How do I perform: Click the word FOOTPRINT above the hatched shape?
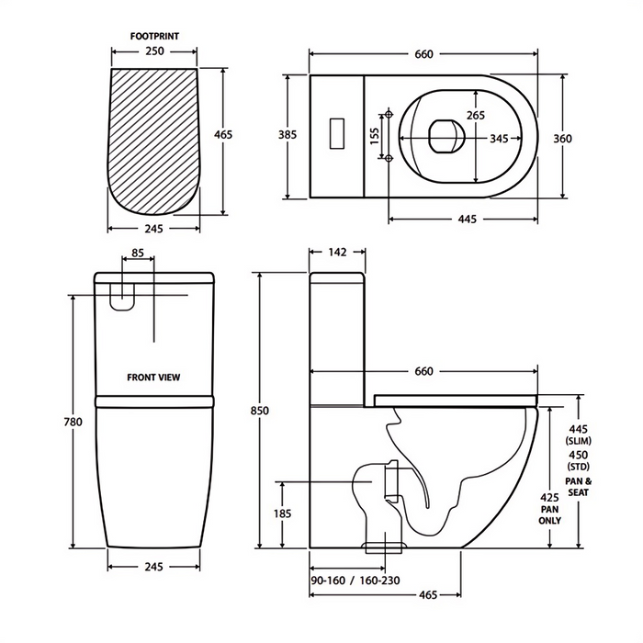[x=154, y=37]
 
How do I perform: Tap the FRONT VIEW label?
[x=154, y=377]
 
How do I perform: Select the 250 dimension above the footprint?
[x=154, y=52]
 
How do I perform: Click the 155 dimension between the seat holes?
[x=374, y=135]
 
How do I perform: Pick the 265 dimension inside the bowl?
[x=476, y=115]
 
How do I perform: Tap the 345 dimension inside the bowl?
[x=499, y=139]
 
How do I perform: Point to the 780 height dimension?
[x=73, y=423]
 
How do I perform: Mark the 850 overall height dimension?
[x=260, y=412]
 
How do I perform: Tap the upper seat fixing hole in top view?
[x=389, y=113]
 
